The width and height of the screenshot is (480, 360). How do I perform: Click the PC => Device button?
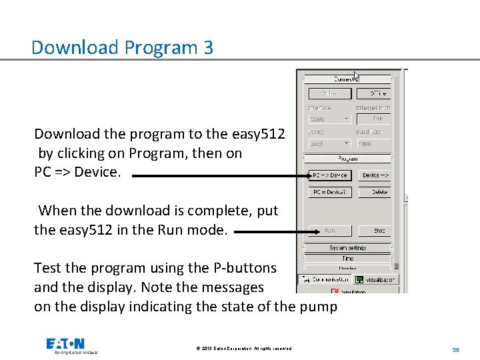click(329, 175)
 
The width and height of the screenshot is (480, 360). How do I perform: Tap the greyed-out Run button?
click(329, 231)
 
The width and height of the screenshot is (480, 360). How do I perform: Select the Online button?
click(329, 94)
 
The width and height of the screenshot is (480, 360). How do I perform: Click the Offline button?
click(374, 94)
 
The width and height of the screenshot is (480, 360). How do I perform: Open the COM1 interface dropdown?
click(329, 119)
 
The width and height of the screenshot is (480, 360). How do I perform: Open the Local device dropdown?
click(329, 143)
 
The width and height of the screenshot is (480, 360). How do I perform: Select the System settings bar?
click(347, 248)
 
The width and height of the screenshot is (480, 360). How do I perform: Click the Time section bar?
click(347, 258)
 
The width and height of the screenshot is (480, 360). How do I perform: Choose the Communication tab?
click(324, 280)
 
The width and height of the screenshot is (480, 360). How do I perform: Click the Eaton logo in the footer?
click(65, 345)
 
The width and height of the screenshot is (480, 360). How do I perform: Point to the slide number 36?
click(456, 349)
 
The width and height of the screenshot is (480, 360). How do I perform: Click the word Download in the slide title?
click(65, 48)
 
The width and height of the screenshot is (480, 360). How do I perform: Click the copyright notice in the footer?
click(243, 349)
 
